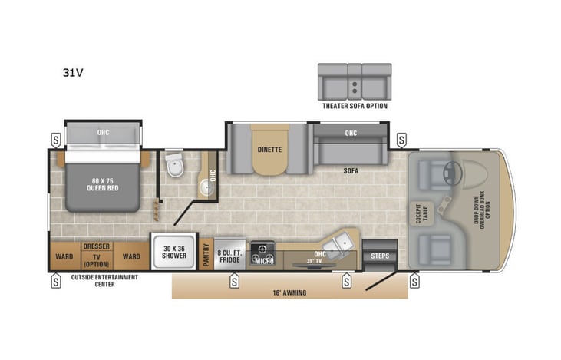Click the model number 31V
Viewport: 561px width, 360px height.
click(x=74, y=74)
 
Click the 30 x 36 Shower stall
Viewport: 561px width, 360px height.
click(x=174, y=253)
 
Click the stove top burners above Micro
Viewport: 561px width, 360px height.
click(x=264, y=249)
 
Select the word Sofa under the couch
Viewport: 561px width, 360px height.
click(x=351, y=171)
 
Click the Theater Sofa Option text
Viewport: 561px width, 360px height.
click(x=354, y=106)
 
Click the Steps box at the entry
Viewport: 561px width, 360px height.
click(x=380, y=256)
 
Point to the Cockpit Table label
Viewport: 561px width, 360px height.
click(x=419, y=213)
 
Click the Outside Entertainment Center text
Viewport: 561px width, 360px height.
click(x=104, y=280)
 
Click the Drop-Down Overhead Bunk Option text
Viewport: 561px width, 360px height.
click(x=483, y=204)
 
